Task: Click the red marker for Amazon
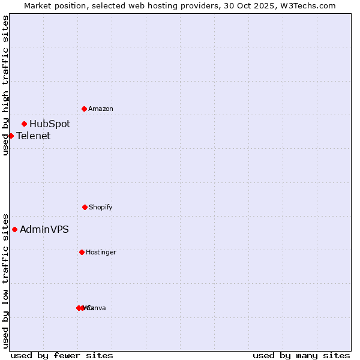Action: (84, 109)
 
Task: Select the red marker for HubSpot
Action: (24, 124)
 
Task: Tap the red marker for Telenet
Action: (11, 136)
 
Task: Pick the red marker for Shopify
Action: (85, 207)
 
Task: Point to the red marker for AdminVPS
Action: (14, 229)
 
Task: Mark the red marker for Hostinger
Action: (82, 252)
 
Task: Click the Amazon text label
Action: (101, 109)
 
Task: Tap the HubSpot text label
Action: (50, 124)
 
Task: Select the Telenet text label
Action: (34, 136)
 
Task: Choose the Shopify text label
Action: (101, 207)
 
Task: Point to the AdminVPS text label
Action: (44, 229)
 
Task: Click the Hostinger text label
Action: (101, 252)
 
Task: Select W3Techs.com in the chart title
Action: (309, 5)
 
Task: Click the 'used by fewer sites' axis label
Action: (62, 355)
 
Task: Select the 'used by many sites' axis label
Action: (301, 355)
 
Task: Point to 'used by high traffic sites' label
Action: (5, 85)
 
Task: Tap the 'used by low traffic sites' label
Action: (5, 280)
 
